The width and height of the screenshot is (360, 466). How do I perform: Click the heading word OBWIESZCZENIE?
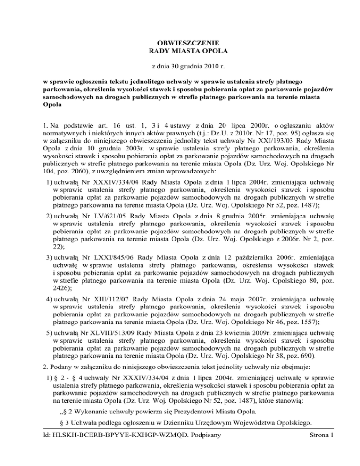click(x=180, y=41)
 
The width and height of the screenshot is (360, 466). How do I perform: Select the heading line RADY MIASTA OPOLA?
click(x=180, y=50)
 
